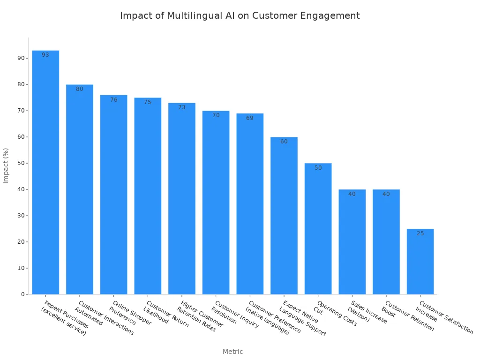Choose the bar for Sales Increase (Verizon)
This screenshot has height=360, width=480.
coord(352,242)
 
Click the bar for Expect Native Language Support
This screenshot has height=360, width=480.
coord(284,216)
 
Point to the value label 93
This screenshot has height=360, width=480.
coord(45,55)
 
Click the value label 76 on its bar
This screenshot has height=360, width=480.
coord(114,100)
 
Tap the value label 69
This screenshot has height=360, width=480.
coord(250,118)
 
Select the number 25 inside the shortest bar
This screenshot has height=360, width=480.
coord(420,233)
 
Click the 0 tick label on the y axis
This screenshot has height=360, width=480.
coord(23,294)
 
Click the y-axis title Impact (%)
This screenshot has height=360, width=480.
coord(6,165)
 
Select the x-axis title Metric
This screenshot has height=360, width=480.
coord(232,352)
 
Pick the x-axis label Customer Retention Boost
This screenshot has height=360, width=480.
coord(406,315)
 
